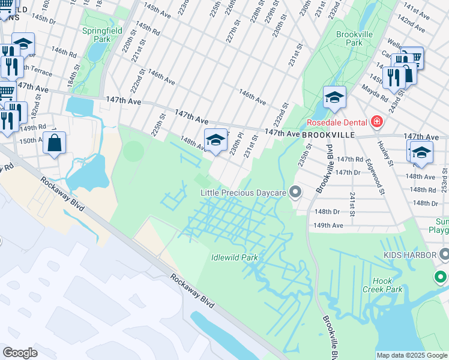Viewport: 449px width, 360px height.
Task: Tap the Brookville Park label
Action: (354, 38)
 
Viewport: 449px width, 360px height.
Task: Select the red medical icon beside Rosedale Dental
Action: (376, 122)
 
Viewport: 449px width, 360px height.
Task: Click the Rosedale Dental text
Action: (337, 122)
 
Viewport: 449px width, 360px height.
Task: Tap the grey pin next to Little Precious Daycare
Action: (295, 193)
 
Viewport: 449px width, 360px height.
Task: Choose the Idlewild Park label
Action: (234, 257)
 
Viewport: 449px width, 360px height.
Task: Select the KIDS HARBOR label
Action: (408, 255)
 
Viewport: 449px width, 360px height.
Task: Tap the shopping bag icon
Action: (55, 143)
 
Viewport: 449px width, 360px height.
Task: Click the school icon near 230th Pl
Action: (215, 139)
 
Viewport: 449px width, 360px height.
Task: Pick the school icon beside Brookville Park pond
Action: (334, 97)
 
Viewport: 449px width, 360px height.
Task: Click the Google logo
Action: (20, 353)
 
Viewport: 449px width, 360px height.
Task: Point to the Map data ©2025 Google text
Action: (412, 355)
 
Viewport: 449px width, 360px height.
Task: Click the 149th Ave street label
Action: (329, 226)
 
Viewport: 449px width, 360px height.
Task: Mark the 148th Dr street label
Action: (327, 212)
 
